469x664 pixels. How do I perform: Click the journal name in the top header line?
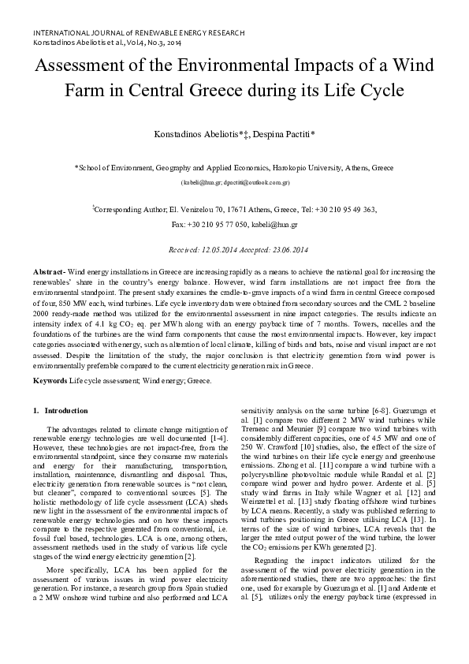(138, 32)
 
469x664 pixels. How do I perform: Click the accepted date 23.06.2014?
(274, 249)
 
